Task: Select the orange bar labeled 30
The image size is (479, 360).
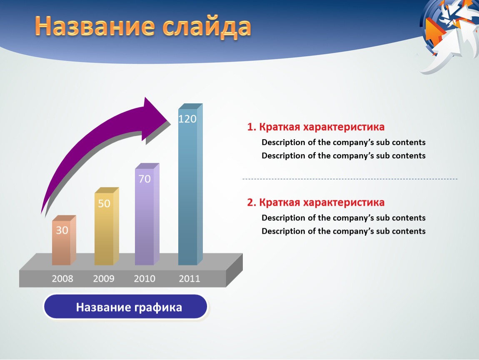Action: [x=64, y=240]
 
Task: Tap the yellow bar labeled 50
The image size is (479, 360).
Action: [x=107, y=226]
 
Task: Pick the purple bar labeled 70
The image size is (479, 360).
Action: [x=147, y=214]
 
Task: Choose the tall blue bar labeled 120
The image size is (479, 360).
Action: [x=190, y=184]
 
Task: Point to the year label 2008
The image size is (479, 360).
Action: [x=62, y=279]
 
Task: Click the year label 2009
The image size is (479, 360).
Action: [x=104, y=279]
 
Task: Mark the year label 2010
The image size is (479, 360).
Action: [x=145, y=279]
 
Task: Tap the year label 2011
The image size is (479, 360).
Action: [x=190, y=279]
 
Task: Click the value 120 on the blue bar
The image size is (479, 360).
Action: [x=187, y=119]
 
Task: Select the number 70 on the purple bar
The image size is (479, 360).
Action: [x=145, y=179]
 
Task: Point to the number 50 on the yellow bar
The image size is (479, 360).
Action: [x=104, y=203]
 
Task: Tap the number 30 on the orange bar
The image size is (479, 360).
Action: [x=62, y=230]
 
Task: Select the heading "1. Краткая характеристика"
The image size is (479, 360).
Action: [x=316, y=127]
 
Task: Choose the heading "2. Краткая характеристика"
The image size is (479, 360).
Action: [x=316, y=202]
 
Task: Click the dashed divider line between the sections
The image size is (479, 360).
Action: [x=350, y=179]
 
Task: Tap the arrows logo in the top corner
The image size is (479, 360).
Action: [x=449, y=34]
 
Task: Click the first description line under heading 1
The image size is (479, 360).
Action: [x=344, y=142]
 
